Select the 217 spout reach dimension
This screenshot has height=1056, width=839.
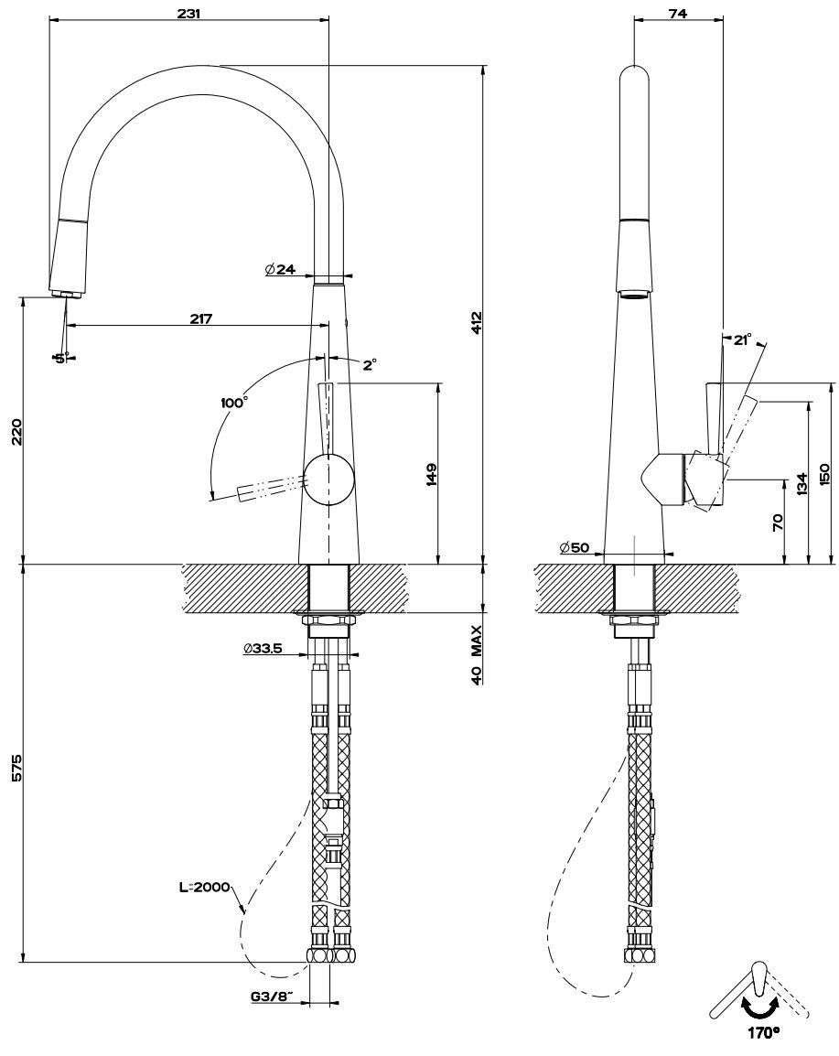point(200,318)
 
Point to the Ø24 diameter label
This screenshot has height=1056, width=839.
point(279,270)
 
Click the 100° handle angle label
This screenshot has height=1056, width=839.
point(234,402)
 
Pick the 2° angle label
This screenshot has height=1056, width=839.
point(369,364)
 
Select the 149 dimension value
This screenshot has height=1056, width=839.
point(431,474)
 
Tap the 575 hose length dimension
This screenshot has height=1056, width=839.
point(14,768)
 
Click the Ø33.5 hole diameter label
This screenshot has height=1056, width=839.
point(262,649)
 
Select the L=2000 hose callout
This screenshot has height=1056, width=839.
point(206,887)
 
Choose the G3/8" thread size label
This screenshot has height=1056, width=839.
point(270,997)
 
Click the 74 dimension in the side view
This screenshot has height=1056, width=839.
point(677,14)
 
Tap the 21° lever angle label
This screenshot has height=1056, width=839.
point(742,339)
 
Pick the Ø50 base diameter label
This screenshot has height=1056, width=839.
point(575,547)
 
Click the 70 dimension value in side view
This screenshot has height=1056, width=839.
point(778,523)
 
